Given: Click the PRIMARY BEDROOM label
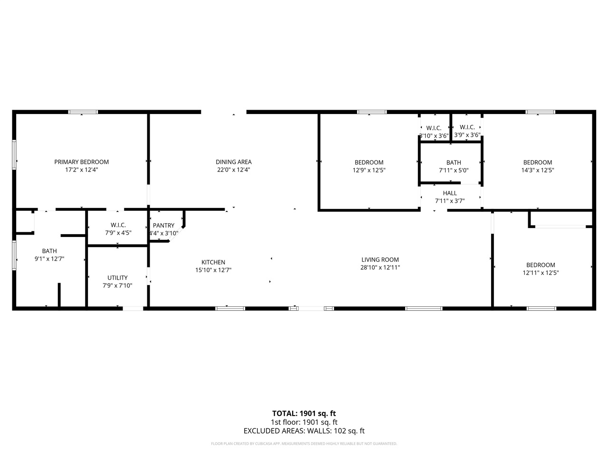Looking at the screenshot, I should pos(81,162).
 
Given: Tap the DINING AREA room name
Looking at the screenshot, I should pos(233,162).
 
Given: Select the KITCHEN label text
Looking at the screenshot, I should pos(213,262).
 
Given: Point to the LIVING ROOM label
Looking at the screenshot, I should pos(380,260).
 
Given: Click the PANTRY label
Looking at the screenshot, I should pos(163,226).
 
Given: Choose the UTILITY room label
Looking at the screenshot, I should pos(117,278).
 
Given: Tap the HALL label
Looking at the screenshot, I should pos(449,193).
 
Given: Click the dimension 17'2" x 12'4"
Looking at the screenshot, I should pos(81,170).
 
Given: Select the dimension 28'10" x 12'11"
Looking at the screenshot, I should pos(380,267).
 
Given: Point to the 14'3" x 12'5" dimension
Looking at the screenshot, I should pos(538,170).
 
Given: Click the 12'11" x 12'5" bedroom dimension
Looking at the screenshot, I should pos(541,273).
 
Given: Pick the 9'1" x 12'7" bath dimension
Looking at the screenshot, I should pos(49,259).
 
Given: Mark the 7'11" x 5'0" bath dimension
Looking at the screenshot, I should pos(454,170).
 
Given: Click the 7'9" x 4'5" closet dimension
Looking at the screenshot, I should pos(118,233).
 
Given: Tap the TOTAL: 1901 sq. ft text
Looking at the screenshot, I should pos(304,413).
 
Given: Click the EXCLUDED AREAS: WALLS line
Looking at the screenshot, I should pos(304,431).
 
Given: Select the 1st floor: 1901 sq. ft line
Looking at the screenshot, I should pos(304,422).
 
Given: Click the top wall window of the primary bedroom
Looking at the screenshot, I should pos(83,112).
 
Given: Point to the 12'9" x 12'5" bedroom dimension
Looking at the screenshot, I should pos(369,170).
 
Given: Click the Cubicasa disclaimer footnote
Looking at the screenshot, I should pos(304,444).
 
